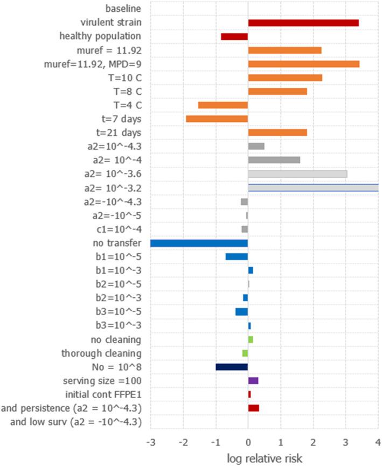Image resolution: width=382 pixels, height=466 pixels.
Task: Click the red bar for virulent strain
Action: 303,23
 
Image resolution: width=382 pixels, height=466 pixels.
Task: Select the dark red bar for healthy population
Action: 234,37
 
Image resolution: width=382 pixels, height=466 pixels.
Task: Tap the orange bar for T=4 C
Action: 223,105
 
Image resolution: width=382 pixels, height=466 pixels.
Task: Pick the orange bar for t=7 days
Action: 217,119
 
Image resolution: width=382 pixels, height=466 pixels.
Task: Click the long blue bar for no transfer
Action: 199,243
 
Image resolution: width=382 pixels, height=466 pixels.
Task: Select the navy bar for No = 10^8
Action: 232,367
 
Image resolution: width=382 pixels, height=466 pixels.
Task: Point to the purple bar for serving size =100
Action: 253,380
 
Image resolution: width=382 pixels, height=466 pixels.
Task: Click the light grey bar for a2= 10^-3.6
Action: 297,174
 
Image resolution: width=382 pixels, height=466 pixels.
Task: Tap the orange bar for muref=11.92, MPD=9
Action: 303,64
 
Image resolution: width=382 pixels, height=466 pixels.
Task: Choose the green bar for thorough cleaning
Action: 245,353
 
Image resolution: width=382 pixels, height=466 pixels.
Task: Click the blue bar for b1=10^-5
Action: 237,256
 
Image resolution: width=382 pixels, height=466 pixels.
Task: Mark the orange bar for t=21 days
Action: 277,133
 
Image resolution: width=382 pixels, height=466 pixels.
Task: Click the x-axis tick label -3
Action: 151,443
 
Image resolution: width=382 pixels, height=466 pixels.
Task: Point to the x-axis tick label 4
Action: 377,443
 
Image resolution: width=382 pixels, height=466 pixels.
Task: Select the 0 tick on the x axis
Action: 248,443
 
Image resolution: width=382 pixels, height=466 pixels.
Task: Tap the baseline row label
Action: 123,9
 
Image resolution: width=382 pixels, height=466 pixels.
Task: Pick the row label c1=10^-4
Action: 120,229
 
